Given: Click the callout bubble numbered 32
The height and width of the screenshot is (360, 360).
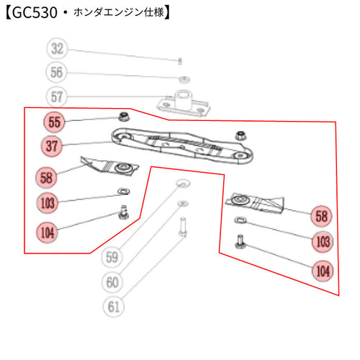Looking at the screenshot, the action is pos(57,48).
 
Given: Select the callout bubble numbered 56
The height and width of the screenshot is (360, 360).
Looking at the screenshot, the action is pos(56,72).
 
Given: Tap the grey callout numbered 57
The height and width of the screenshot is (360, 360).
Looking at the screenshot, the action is pos(57,96).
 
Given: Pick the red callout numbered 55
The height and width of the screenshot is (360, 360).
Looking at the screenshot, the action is pos(55,122).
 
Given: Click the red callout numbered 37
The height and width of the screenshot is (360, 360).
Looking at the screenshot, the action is pos(52,145).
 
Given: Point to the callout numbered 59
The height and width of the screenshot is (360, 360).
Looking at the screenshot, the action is pos(112,257).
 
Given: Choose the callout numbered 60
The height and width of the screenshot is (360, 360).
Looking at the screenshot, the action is pos(112,282).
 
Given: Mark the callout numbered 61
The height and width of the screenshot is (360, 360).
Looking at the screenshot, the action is pos(114,307).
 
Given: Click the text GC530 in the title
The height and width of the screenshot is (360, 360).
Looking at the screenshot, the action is pos(35,12).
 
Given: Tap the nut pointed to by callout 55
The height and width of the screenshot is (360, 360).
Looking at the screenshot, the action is pos(125,117).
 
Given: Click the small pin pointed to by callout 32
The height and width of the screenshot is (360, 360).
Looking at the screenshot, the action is pos(180,61).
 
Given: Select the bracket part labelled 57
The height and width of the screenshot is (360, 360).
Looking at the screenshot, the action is pos(184,103).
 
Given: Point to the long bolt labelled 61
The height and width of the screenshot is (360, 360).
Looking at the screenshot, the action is pos(183,227).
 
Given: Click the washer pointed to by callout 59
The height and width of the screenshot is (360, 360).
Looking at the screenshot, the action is pos(183,184).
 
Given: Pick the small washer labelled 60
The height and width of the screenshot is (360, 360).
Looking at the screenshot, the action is pos(183,204).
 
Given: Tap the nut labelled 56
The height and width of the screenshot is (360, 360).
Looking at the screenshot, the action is pos(185,79).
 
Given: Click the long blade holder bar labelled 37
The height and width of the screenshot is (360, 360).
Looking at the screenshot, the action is pos(182,146).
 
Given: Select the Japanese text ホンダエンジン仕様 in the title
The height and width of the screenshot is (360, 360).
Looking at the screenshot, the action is pos(119,12).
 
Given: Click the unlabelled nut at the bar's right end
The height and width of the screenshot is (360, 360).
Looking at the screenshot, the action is pos(240,135).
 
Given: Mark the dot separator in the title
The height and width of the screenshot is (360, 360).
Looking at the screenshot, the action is pos(66,13).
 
